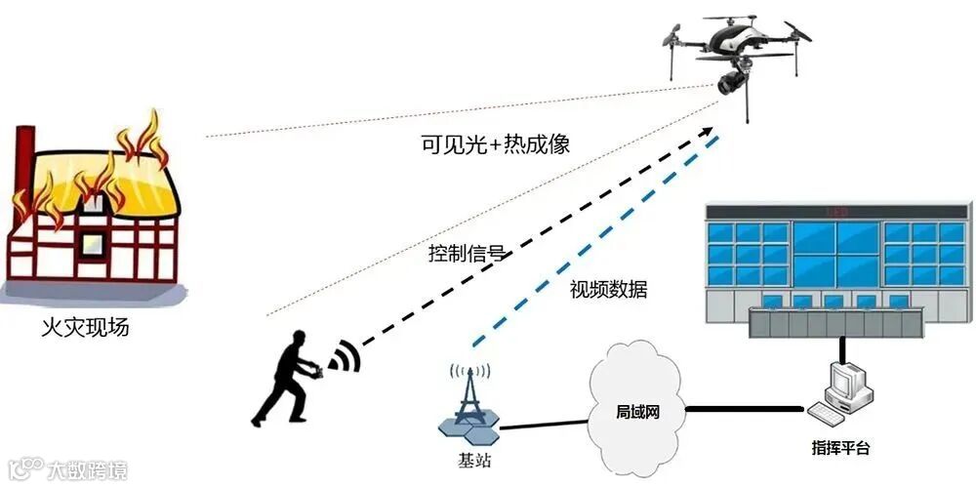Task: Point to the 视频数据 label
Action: coord(608,290)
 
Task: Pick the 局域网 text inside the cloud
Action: coord(639,411)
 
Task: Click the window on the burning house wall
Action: coord(96,240)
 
